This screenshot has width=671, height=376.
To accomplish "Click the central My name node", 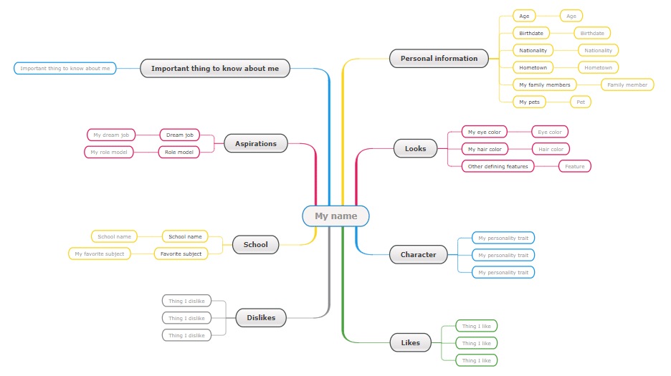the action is coord(335,216).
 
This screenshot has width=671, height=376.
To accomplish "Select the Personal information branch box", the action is coord(439,58).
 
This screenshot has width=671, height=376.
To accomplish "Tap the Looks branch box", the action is coord(415,148).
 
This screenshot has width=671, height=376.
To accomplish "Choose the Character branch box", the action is coord(418,254).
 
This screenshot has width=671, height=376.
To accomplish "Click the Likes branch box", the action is coord(410,342).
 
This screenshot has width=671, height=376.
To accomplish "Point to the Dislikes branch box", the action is coord(261,318).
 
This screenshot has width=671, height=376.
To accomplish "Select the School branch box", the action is coord(255,245).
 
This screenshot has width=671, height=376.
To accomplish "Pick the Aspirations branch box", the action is coord(255,144).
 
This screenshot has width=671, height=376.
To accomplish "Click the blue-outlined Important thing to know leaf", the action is coord(65,69).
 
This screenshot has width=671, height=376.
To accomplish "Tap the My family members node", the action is coord(545,85).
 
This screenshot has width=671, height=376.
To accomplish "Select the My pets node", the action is coord(529,102).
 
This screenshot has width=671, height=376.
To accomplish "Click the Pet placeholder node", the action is coord(581,102).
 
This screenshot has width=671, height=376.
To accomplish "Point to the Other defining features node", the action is coord(498,166).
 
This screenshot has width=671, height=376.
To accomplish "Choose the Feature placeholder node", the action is coord(575,166).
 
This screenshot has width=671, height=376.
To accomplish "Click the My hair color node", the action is coord(485,149).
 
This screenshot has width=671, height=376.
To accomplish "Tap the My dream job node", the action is coord(111,135).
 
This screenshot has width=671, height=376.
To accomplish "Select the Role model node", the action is coord(179,152).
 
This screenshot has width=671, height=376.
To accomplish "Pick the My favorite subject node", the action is coord(99,254).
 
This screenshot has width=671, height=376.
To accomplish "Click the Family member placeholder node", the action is coord(627,85).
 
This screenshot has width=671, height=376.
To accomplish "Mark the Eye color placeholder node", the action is coord(549,132).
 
